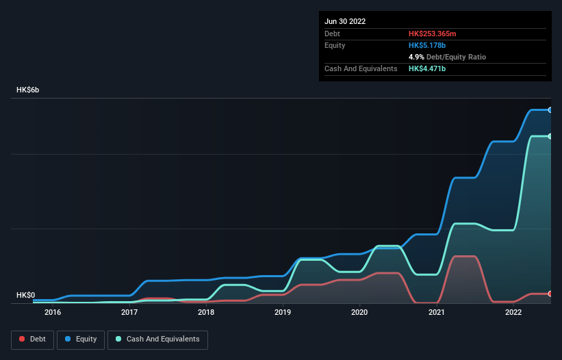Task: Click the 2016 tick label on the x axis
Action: click(x=53, y=313)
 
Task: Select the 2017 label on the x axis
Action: click(x=129, y=313)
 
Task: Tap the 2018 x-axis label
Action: click(x=206, y=313)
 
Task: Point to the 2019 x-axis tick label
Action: click(x=283, y=313)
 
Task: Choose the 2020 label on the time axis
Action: click(x=359, y=313)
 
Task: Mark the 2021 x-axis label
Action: click(x=437, y=313)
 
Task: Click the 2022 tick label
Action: click(x=513, y=313)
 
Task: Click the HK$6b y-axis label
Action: click(x=28, y=90)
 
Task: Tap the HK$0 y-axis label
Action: click(x=25, y=295)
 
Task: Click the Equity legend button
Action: click(x=81, y=339)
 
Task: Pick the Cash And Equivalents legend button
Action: click(x=157, y=339)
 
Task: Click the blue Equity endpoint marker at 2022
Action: click(x=550, y=110)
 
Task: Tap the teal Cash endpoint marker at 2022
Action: click(x=550, y=136)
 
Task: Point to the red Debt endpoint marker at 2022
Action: click(x=550, y=294)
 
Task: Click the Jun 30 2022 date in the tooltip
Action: click(x=345, y=21)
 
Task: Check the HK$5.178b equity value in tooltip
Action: click(x=427, y=45)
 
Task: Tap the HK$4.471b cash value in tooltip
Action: click(x=427, y=68)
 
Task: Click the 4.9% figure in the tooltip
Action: click(x=416, y=57)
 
